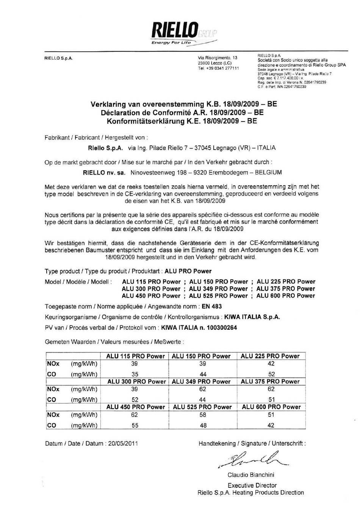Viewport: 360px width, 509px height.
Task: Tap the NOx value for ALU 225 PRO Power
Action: click(271, 364)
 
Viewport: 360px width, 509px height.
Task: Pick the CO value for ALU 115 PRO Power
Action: click(135, 374)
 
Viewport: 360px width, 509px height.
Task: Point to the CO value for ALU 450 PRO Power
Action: click(135, 425)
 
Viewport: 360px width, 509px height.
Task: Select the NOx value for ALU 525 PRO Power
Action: click(203, 415)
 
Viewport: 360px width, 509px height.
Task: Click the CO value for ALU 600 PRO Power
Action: click(271, 425)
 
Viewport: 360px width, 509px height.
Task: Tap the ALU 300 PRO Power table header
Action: click(136, 381)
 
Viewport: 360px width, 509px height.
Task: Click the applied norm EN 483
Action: click(212, 306)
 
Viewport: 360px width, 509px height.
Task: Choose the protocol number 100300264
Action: click(221, 328)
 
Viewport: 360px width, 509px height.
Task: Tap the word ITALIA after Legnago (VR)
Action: click(266, 148)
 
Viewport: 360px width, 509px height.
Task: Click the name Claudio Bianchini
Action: click(251, 475)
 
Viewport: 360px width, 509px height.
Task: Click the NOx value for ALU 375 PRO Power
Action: click(271, 389)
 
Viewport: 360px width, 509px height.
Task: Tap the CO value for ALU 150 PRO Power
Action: click(203, 374)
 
